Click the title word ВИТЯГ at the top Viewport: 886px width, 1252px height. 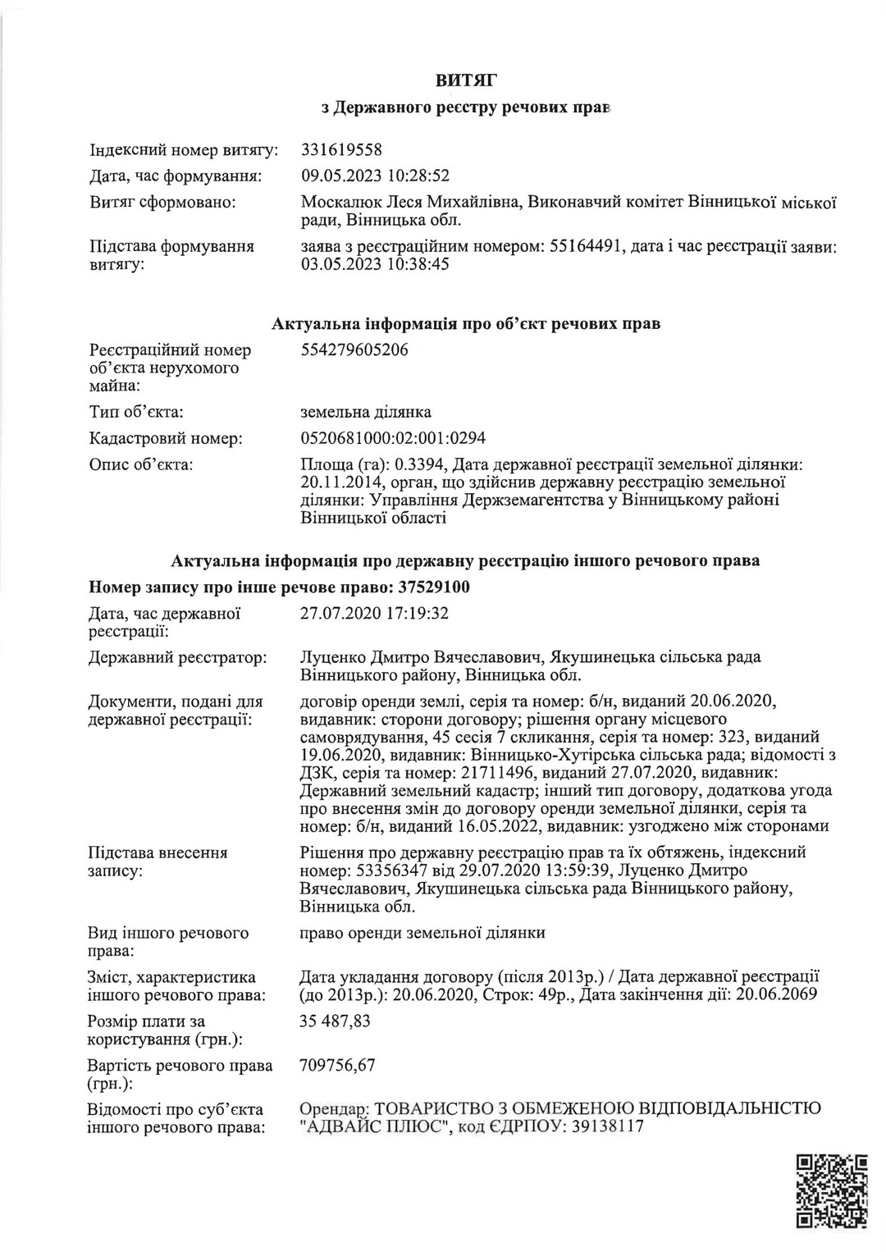click(466, 80)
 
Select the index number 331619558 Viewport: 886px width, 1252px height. click(342, 150)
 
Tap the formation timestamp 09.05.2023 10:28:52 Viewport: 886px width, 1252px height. click(376, 176)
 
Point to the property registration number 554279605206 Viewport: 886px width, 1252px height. click(355, 350)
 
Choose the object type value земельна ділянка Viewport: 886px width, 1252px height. click(367, 412)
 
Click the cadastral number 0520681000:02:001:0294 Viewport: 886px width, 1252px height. click(394, 439)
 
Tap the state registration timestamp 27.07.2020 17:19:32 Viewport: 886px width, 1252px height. click(376, 613)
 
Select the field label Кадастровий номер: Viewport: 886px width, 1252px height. click(166, 439)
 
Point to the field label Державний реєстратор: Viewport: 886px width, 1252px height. click(177, 657)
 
